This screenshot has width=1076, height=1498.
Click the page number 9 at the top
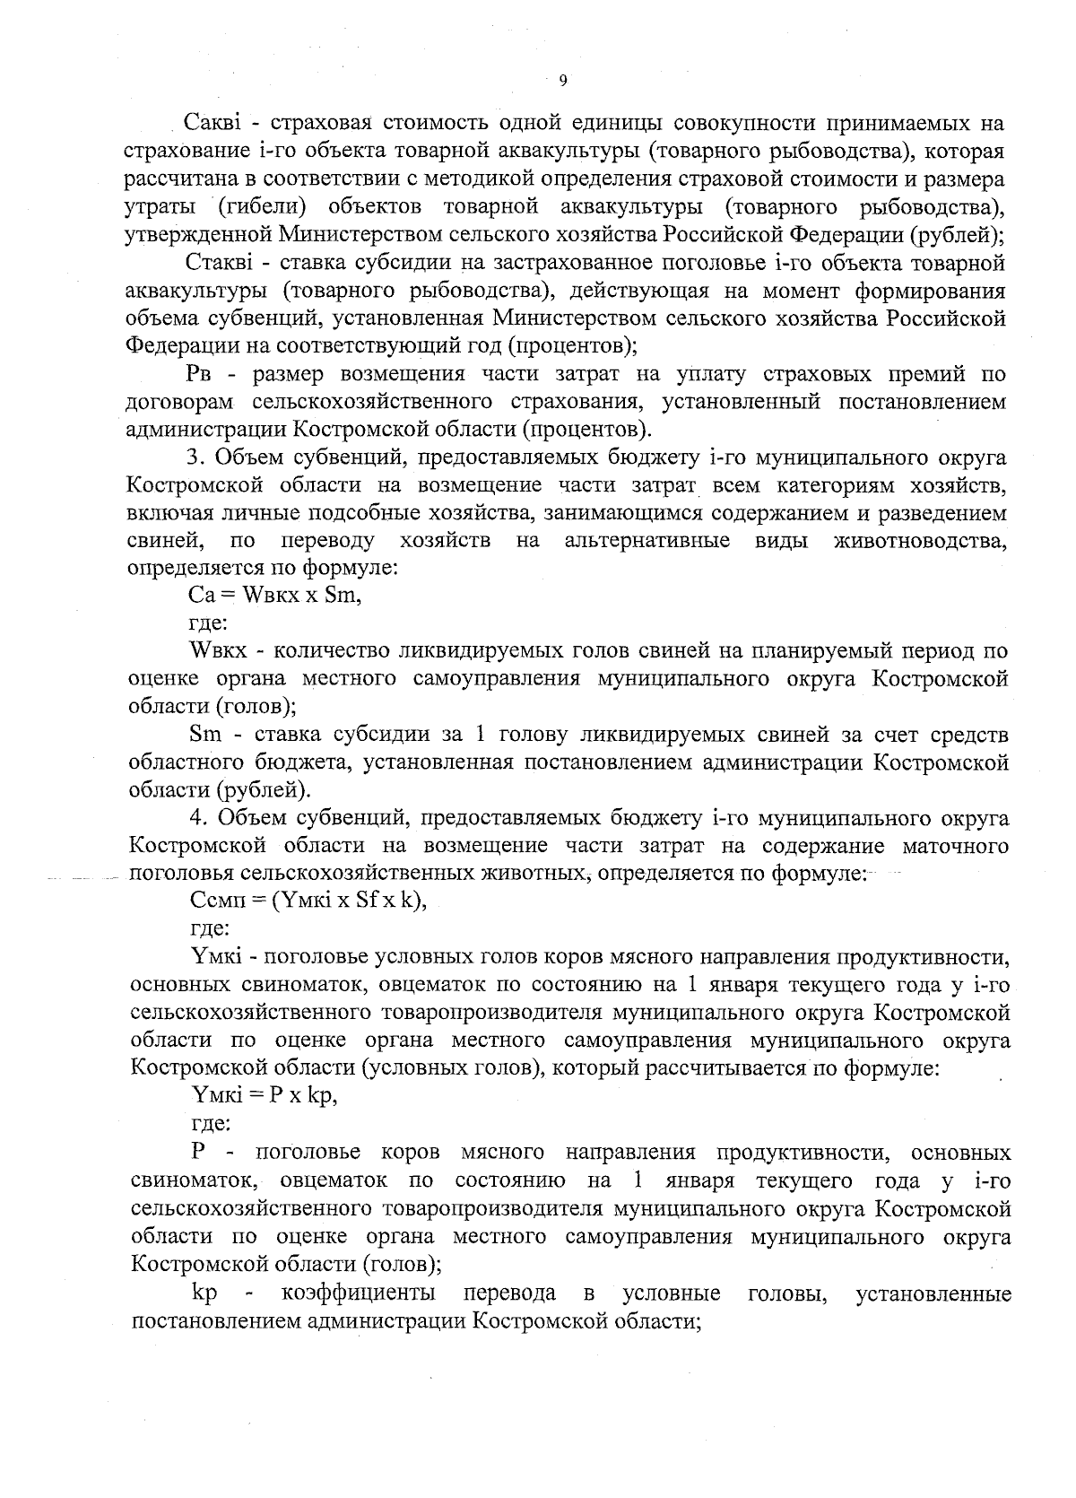[562, 82]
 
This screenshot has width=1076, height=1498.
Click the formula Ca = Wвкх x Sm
[274, 595]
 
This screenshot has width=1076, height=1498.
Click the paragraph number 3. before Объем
[197, 458]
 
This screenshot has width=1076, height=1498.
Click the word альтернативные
[646, 541]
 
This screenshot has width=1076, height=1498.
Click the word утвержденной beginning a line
[197, 235]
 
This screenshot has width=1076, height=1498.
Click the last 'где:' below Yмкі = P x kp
[211, 1122]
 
